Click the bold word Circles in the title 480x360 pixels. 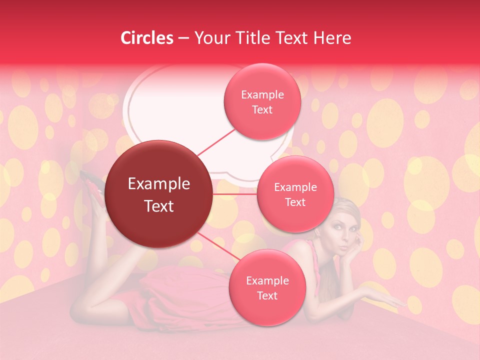pyautogui.click(x=147, y=38)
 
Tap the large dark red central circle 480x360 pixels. pyautogui.click(x=159, y=194)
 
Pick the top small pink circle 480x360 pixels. pyautogui.click(x=262, y=101)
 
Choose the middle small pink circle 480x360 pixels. pyautogui.click(x=295, y=194)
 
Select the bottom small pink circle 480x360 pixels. pyautogui.click(x=267, y=287)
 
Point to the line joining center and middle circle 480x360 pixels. pyautogui.click(x=235, y=194)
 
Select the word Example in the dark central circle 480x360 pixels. pyautogui.click(x=159, y=184)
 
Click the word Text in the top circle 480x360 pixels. pyautogui.click(x=262, y=109)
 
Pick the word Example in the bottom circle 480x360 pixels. pyautogui.click(x=267, y=280)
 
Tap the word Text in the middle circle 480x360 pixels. pyautogui.click(x=295, y=202)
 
